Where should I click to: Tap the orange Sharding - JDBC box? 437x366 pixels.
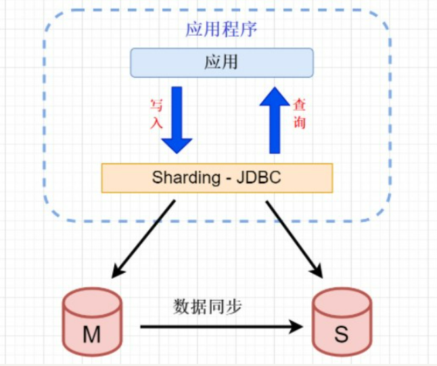pyautogui.click(x=216, y=178)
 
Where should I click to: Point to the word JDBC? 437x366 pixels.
pyautogui.click(x=256, y=178)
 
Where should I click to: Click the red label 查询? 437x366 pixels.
pyautogui.click(x=298, y=113)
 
